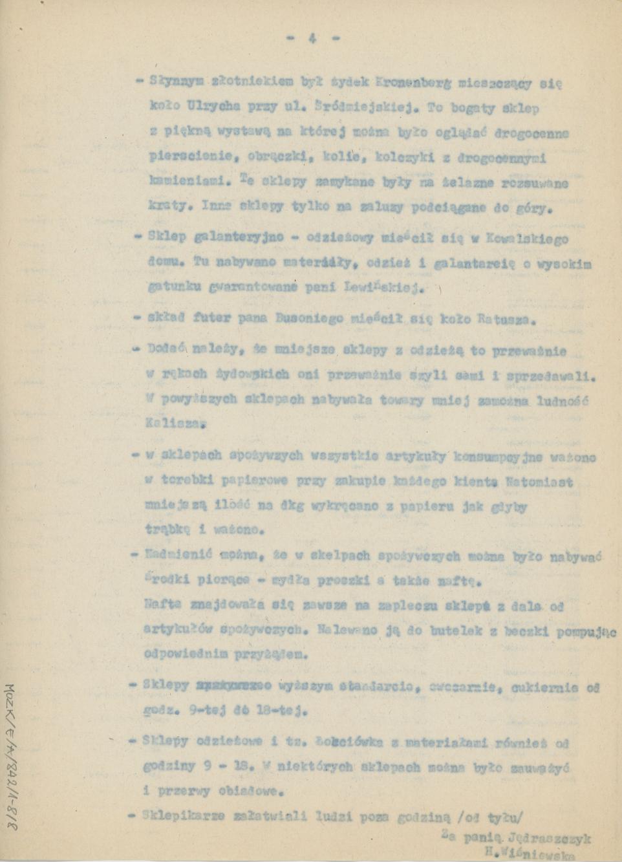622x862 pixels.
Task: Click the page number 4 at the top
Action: pyautogui.click(x=312, y=38)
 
